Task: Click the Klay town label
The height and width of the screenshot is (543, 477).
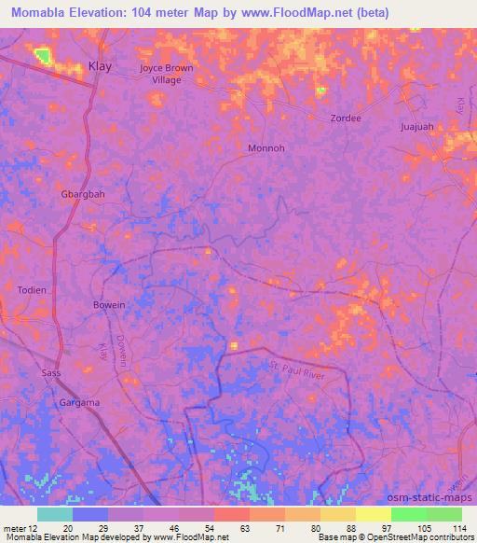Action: pyautogui.click(x=100, y=66)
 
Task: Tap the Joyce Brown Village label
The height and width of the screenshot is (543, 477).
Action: pyautogui.click(x=167, y=74)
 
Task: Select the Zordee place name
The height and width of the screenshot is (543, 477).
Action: pyautogui.click(x=345, y=118)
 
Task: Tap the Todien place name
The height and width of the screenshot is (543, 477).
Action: pyautogui.click(x=32, y=290)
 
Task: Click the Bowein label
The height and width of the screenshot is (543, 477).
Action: pyautogui.click(x=109, y=305)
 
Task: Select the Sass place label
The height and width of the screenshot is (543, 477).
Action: pyautogui.click(x=51, y=373)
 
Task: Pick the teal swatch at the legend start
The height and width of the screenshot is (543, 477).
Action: pyautogui.click(x=54, y=514)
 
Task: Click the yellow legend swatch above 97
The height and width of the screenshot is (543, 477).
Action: pyautogui.click(x=373, y=514)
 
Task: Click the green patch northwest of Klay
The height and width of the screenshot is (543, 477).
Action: pyautogui.click(x=42, y=56)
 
